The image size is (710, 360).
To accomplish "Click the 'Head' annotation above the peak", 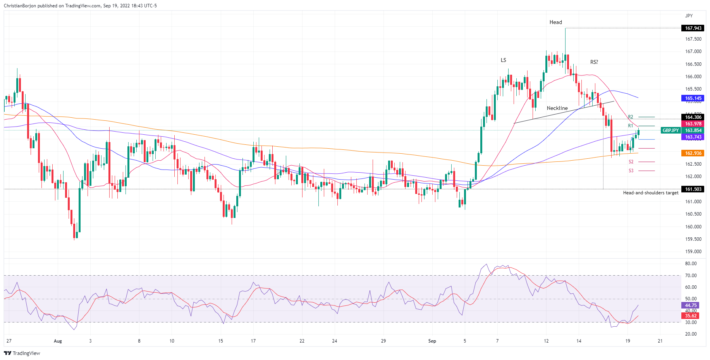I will pos(555,22).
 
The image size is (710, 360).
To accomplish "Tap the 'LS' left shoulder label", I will pos(503,60).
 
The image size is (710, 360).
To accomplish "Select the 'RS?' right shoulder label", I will pos(594,62).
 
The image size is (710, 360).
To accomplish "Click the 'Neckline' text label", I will pos(557,108).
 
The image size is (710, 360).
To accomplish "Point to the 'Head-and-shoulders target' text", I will pos(650,193).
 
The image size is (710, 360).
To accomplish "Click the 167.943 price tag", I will pos(693,28).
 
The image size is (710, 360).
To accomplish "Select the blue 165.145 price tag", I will pos(693,98).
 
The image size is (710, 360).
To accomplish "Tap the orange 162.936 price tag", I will pos(693,153).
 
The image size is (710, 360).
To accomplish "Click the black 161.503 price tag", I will pos(693,189).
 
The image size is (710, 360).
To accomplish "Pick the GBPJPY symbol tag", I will pos(670,130).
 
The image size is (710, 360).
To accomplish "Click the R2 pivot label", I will pos(631,117).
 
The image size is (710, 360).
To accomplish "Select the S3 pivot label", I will pos(631,171).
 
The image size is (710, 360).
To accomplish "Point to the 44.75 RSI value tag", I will pos(691,305).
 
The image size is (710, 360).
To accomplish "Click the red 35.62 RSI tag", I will pos(691,316).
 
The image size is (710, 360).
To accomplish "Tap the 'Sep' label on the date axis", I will pos(432,341).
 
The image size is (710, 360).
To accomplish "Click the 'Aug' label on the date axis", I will pos(58,341).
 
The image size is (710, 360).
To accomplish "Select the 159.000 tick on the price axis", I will pos(693,252).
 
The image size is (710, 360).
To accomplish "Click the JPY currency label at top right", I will pos(689,16).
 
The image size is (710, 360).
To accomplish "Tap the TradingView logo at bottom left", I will pos(22,353).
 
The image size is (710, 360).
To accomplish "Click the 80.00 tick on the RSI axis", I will pos(691,264).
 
